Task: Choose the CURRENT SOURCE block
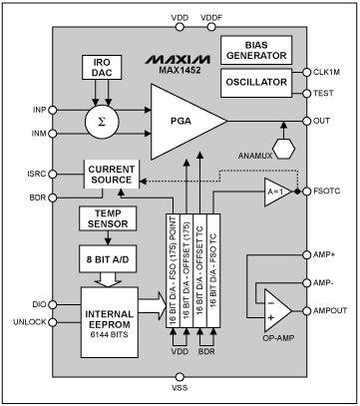click(112, 176)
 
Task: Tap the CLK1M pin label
click(328, 71)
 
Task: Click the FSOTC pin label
click(328, 190)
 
